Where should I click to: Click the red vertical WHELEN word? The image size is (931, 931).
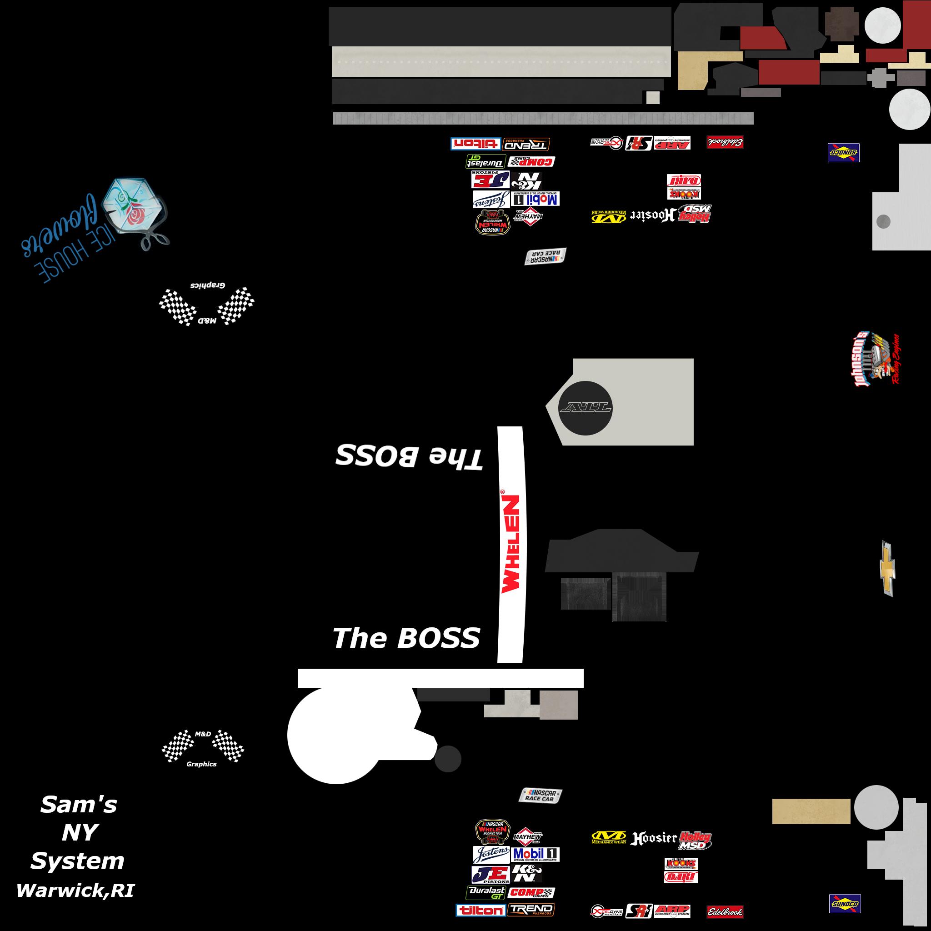pos(511,544)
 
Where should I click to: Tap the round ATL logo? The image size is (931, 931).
pos(585,408)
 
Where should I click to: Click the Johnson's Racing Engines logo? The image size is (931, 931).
pos(874,360)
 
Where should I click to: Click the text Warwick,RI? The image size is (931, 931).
pos(75,891)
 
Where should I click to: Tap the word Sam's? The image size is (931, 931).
pos(79,805)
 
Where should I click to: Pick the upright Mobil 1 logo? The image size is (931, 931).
pos(536,854)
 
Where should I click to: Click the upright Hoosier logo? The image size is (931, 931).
pos(654,838)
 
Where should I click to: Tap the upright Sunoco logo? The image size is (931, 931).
pos(845,904)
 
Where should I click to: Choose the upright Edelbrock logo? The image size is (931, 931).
pos(725,912)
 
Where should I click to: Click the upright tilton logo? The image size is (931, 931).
pos(481,910)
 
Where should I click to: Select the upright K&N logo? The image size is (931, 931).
pos(527,873)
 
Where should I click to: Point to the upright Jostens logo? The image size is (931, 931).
pos(491,854)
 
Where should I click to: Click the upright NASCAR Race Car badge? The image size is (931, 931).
pos(540,795)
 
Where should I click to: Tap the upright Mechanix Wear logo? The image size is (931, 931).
pos(609,837)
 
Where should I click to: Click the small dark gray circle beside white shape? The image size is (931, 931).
pos(448,759)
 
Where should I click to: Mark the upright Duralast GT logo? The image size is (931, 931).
pos(486,892)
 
